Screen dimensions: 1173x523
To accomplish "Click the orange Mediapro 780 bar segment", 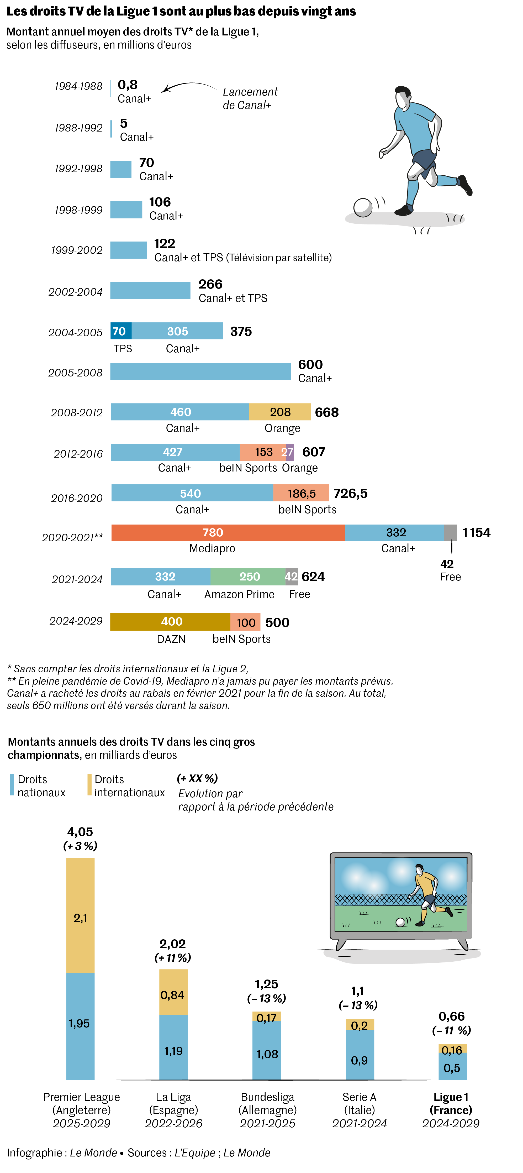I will click(228, 532).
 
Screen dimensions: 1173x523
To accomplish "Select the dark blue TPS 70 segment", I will click(121, 331).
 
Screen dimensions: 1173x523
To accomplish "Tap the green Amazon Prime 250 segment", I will click(248, 577).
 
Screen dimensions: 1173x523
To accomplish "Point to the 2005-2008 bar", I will click(200, 371).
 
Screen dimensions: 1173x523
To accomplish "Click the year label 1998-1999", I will click(78, 210).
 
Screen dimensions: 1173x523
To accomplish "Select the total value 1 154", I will click(476, 532).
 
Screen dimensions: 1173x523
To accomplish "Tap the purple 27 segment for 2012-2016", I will click(289, 452).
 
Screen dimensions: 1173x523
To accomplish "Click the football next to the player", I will click(363, 208).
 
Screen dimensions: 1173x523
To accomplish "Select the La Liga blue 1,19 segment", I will click(173, 1047).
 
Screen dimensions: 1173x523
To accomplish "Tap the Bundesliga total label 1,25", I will click(266, 984).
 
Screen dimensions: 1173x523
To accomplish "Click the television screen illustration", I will click(400, 895).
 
